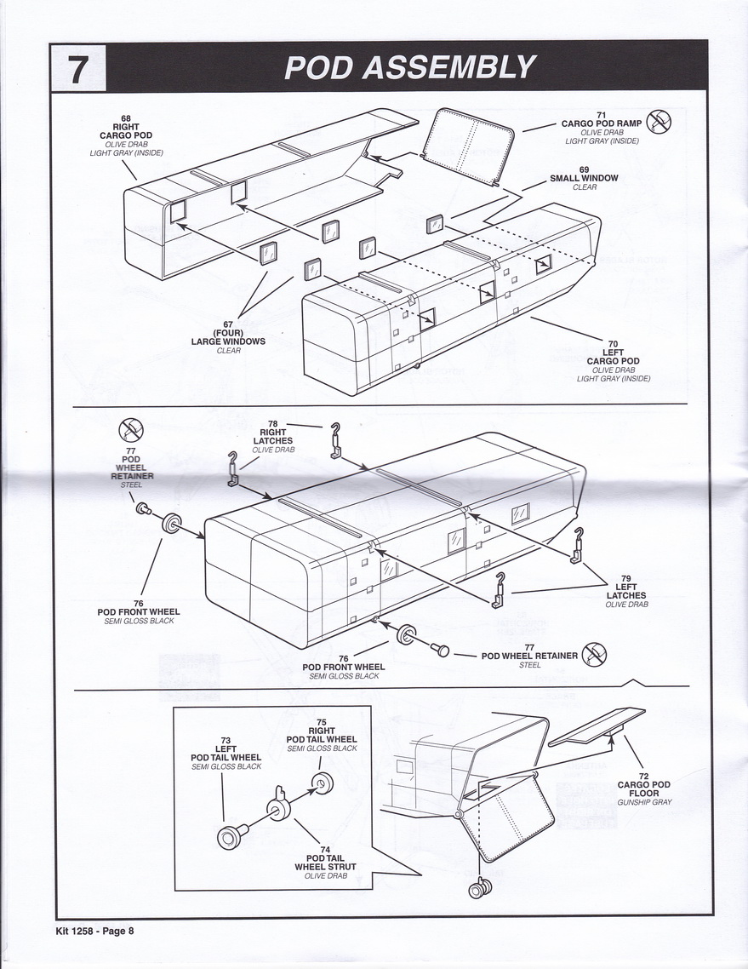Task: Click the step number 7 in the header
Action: coord(77,69)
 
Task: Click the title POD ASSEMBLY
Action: coord(410,67)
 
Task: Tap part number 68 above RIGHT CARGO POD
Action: coord(126,118)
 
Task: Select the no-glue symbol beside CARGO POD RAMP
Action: coord(659,122)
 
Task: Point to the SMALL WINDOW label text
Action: coord(584,178)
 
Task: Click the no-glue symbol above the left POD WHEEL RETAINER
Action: coord(131,429)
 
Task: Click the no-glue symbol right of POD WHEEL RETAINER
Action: coord(594,656)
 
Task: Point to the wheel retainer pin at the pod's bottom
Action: coord(438,651)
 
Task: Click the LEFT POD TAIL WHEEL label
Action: coord(226,753)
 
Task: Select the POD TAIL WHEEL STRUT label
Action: coord(326,862)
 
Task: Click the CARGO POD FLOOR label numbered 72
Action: coord(644,788)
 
